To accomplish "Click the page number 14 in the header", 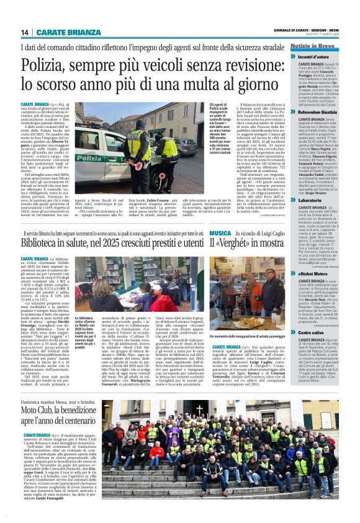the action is point(25,32).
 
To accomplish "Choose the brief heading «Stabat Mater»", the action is point(313,273).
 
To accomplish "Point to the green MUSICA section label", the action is point(203,233).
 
